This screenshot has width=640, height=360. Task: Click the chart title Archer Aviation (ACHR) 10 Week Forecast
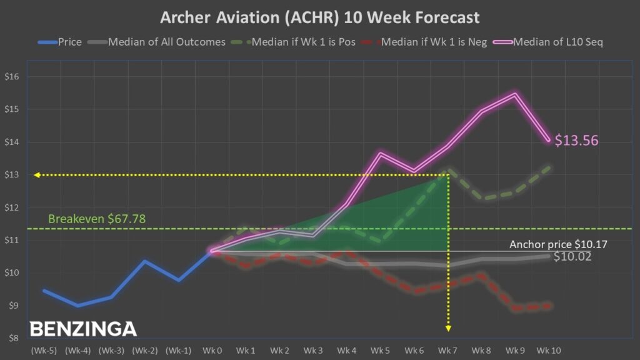[319, 17]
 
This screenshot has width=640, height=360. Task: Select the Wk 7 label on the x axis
[448, 350]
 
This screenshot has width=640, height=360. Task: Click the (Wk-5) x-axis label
[44, 350]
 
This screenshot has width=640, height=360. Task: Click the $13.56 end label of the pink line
[576, 141]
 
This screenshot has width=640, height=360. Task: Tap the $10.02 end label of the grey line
[572, 256]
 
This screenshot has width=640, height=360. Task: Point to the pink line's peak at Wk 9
[515, 94]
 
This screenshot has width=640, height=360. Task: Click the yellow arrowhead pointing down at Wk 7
[448, 328]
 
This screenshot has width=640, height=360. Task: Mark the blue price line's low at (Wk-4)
[77, 306]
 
